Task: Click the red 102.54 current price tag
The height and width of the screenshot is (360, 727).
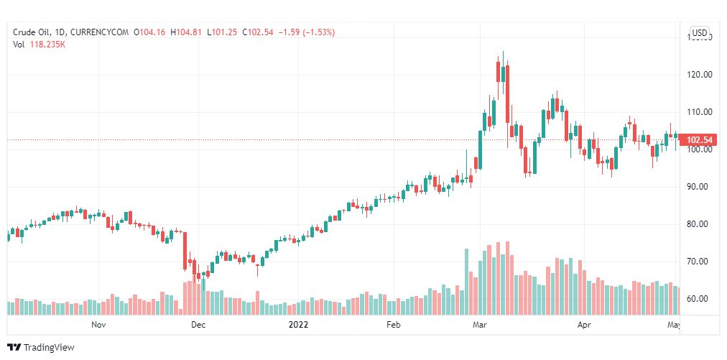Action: pos(699,139)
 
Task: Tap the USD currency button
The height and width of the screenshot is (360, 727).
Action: pos(700,32)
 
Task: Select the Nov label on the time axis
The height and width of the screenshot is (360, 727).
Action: pos(99,325)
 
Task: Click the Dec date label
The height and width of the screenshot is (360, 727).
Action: pos(198,325)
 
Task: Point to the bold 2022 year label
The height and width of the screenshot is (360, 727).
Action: pos(298,325)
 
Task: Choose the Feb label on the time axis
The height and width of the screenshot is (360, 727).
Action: pos(393,325)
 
